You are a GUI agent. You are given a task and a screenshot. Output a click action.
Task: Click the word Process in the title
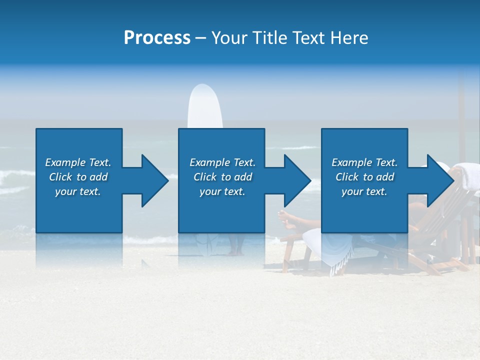[157, 37]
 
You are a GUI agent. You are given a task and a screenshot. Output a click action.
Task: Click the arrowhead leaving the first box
[153, 180]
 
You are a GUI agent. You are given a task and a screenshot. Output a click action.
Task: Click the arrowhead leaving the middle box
[296, 180]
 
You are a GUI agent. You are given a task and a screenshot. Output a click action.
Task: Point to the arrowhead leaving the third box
[439, 180]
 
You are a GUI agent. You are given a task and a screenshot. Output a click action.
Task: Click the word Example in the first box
[65, 162]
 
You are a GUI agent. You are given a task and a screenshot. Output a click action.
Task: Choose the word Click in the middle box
[204, 177]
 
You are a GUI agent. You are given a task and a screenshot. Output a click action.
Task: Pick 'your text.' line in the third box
[364, 191]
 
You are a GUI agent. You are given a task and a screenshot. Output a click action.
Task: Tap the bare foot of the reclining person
[284, 216]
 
